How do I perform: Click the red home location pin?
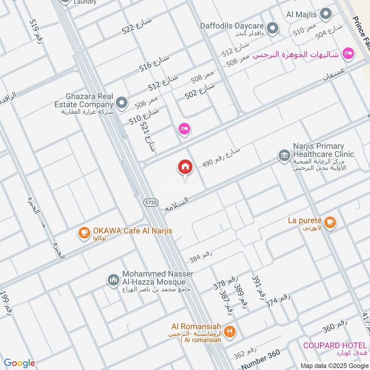pyautogui.click(x=185, y=167)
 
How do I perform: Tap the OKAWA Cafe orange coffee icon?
pyautogui.click(x=84, y=232)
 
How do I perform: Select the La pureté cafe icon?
pyautogui.click(x=330, y=222)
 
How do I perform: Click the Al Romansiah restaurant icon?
pyautogui.click(x=230, y=331)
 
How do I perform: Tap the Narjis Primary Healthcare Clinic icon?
pyautogui.click(x=284, y=155)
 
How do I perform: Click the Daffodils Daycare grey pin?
pyautogui.click(x=273, y=28)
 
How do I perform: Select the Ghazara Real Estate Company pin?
pyautogui.click(x=122, y=103)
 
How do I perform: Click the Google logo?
pyautogui.click(x=19, y=363)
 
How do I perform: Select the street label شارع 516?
pyautogui.click(x=154, y=63)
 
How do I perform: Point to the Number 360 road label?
pyautogui.click(x=260, y=358)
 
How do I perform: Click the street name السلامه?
pyautogui.click(x=177, y=204)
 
